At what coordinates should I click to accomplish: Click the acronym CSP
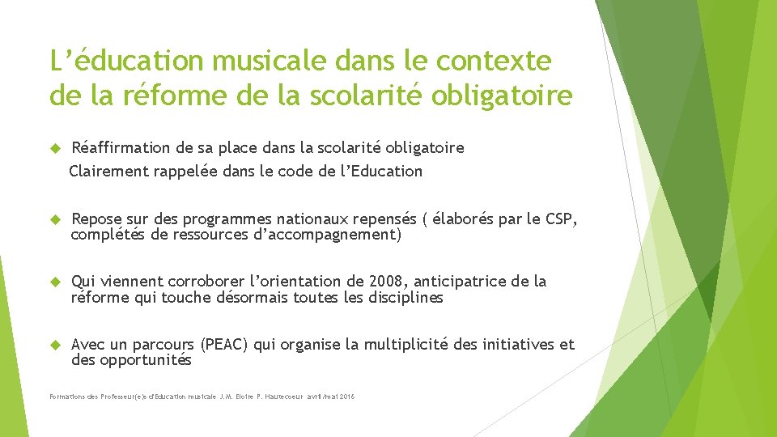(x=561, y=219)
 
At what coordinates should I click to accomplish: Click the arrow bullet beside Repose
(x=56, y=219)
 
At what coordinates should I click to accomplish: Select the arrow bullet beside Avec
(x=56, y=345)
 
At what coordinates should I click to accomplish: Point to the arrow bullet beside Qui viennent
(x=56, y=282)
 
